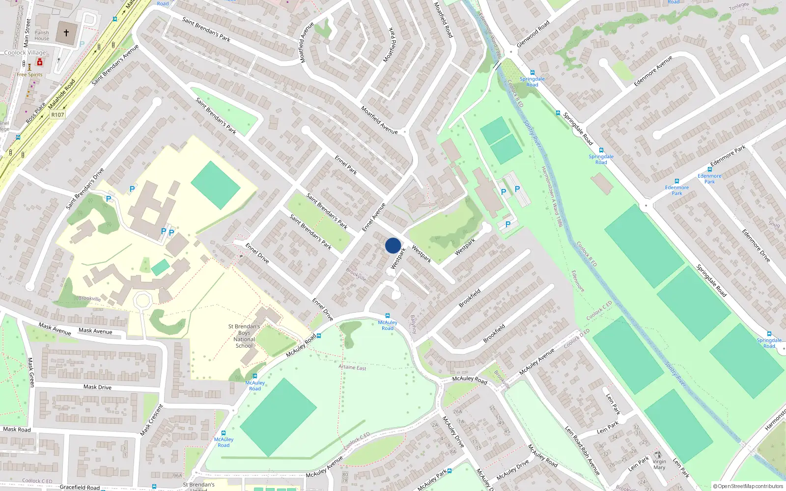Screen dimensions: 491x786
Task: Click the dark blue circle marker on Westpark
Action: (393, 245)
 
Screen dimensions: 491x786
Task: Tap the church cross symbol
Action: (66, 33)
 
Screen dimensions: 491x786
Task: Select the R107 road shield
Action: (57, 115)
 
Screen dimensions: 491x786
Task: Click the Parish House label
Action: (42, 35)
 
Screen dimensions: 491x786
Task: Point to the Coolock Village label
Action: (25, 53)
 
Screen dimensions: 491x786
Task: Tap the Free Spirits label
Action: (29, 75)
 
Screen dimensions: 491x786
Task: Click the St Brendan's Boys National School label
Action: (244, 336)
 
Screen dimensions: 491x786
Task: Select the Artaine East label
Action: (352, 367)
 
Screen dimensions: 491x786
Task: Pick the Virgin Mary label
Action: (659, 464)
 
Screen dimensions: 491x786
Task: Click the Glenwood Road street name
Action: (533, 34)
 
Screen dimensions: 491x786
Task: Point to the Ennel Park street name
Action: (346, 165)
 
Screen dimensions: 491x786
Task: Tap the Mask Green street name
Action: (31, 372)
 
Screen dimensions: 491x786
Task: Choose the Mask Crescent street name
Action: (151, 420)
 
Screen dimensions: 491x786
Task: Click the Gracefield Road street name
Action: (80, 487)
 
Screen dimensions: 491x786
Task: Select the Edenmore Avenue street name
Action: (653, 71)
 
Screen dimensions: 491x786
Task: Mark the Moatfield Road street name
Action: (443, 20)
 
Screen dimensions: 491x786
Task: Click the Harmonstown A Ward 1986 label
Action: (552, 196)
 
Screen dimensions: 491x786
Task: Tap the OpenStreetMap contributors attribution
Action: (748, 487)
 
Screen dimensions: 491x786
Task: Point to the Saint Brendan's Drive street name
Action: (85, 189)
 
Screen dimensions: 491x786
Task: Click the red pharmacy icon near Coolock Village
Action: (40, 62)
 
